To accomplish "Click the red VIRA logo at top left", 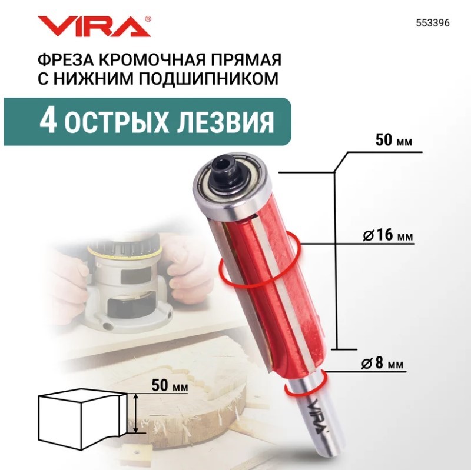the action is (92, 26).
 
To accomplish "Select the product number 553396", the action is (433, 24).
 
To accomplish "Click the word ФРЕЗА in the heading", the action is (65, 59).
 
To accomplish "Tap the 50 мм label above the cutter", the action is (393, 140).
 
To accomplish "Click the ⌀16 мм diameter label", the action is (388, 235).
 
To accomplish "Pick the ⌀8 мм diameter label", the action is (382, 364).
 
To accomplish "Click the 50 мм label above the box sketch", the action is (170, 386).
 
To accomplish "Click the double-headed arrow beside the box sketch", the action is (136, 414).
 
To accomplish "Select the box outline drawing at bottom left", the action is (82, 419).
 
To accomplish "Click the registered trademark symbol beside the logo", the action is (148, 19).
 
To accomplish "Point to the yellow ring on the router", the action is (123, 253).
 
